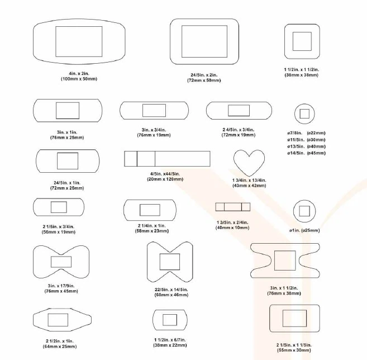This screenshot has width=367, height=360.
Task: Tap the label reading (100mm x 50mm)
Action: (x=79, y=79)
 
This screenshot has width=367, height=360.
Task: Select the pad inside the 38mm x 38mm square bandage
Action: (x=302, y=41)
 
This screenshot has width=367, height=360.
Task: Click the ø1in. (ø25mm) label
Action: (x=304, y=230)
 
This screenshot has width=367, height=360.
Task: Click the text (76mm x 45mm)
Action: (x=61, y=291)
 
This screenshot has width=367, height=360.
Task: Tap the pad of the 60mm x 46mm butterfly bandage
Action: (x=170, y=262)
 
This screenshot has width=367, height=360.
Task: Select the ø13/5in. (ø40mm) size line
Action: (x=306, y=146)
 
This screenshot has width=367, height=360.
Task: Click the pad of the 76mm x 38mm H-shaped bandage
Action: (x=285, y=260)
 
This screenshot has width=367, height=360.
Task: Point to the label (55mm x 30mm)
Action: (x=294, y=350)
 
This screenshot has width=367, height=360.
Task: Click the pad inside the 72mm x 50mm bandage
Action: (x=204, y=41)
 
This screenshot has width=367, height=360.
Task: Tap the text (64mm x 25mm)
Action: (x=60, y=347)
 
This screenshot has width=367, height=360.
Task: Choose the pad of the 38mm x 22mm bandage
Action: (x=170, y=320)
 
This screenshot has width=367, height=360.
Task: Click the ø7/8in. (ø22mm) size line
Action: (x=306, y=133)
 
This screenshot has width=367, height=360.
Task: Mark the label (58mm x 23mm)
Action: (x=152, y=231)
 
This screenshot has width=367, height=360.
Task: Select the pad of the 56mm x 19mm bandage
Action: (x=59, y=207)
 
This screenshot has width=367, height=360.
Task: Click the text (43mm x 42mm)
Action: (x=249, y=186)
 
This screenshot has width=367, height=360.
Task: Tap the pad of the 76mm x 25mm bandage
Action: (x=68, y=110)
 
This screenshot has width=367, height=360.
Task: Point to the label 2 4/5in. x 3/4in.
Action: (x=239, y=130)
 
